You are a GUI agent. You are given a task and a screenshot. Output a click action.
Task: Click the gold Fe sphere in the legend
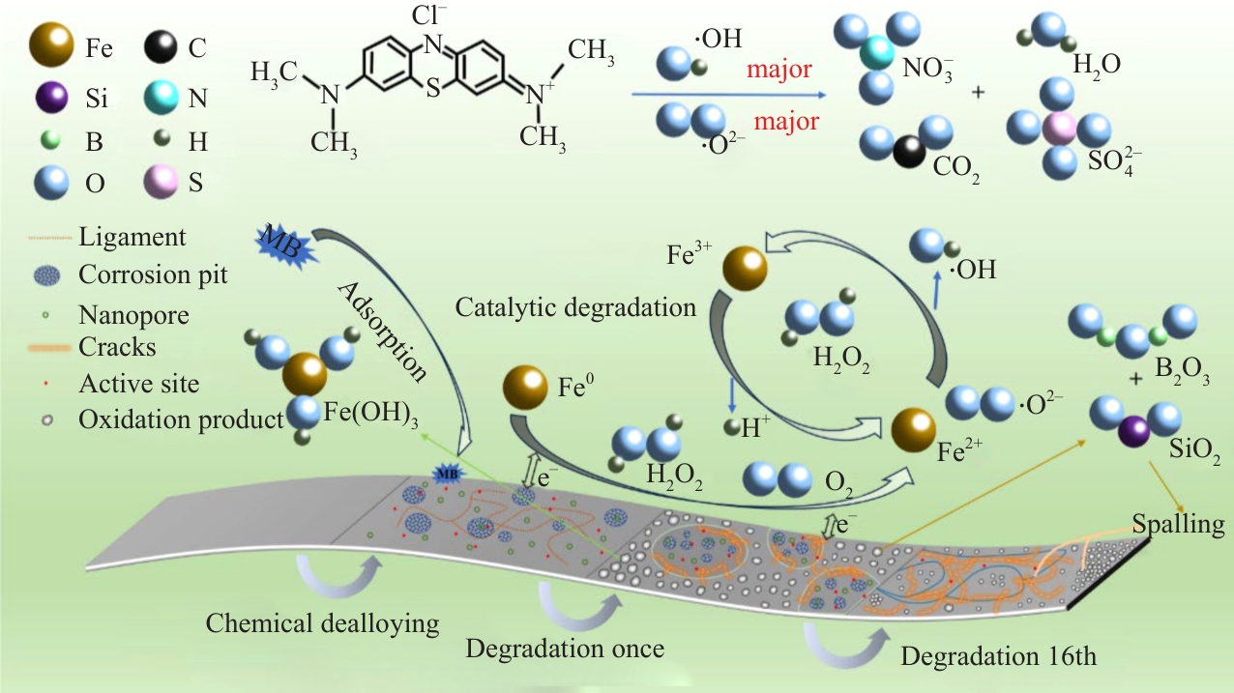51,44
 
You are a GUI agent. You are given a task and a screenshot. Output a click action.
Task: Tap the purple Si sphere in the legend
51,97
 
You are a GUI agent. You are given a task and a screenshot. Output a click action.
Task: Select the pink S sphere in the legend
161,183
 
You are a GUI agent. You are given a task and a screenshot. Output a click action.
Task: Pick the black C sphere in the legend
161,46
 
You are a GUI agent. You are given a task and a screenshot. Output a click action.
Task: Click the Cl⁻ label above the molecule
429,14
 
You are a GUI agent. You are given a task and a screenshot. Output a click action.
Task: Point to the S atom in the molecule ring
433,89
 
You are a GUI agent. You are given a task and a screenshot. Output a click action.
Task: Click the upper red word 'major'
779,70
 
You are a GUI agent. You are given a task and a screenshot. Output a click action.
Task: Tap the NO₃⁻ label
927,70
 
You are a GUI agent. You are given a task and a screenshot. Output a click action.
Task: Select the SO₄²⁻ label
1114,161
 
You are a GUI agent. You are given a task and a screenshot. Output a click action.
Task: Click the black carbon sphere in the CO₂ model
909,152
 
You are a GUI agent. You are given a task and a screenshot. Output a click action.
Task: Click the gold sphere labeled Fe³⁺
745,269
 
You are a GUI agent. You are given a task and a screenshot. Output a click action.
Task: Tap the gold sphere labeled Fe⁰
525,388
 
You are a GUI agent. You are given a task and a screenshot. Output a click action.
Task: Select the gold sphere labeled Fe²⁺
913,430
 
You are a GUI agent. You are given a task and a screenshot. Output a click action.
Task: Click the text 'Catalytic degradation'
575,307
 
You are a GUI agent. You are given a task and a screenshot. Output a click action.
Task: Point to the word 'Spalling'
1178,524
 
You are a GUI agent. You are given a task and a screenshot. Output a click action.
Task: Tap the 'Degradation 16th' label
998,656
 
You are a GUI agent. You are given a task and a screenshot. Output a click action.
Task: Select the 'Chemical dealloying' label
322,624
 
